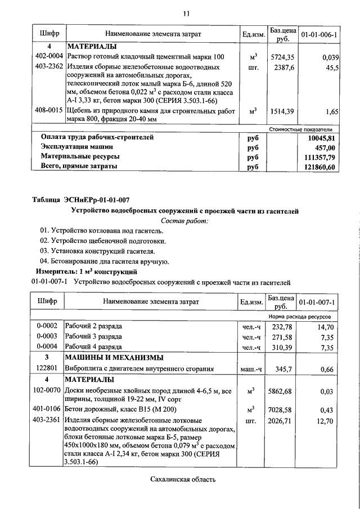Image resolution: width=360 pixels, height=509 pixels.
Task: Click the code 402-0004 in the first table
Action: pos(49,56)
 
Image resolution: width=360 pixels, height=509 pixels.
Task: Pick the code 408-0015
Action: pos(49,111)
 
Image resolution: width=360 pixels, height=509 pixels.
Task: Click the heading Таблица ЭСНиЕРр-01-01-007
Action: pos(81,199)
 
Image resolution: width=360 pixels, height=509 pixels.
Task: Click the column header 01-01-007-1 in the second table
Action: pos(318,302)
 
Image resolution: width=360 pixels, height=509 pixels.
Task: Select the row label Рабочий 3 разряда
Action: pos(93,336)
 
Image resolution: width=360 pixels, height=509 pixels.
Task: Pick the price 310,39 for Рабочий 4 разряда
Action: pos(282,347)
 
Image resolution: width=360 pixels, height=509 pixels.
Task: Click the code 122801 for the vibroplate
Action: pos(48,369)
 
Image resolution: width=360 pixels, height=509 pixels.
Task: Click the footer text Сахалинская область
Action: pos(183,479)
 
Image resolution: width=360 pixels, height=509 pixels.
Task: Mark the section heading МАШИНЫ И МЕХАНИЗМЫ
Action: pos(115,358)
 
